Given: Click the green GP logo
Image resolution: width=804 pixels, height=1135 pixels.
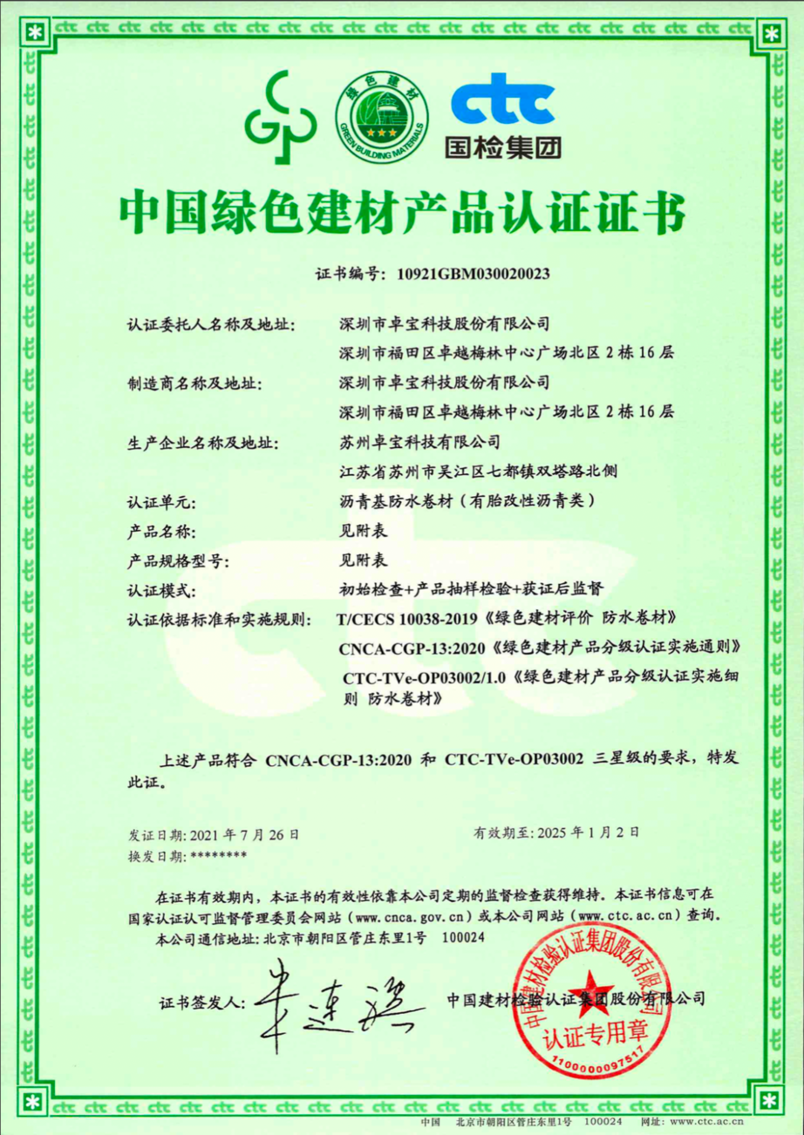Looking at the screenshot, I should point(282,118).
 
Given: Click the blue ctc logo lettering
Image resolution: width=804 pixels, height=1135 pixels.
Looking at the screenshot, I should point(502,103).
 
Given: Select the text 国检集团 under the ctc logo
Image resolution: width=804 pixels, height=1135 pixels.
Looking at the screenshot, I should point(502,145).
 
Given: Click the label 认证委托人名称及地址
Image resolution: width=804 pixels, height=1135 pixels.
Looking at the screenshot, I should point(212,326).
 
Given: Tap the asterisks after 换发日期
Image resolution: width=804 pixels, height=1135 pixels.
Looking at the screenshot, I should point(217,855).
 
